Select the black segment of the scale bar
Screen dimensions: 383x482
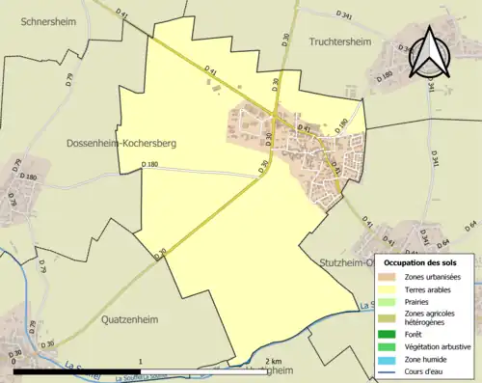click(x=76, y=370)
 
